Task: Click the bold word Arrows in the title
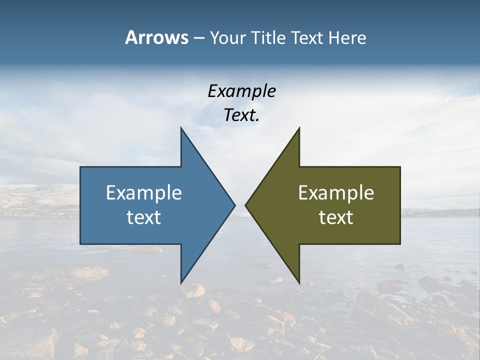point(156,37)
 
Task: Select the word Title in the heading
point(269,38)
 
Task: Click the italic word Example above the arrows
point(241,91)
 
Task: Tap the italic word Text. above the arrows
point(241,115)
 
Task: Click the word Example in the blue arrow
point(144,192)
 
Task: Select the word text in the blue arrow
point(144,217)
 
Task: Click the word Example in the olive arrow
point(336,192)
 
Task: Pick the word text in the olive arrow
point(336,217)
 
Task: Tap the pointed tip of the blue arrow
point(234,205)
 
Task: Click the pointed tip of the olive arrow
point(246,205)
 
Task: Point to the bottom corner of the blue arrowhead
point(181,282)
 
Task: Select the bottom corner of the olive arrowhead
point(299,282)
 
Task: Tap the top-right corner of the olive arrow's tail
point(400,167)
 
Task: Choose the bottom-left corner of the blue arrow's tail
point(80,243)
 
